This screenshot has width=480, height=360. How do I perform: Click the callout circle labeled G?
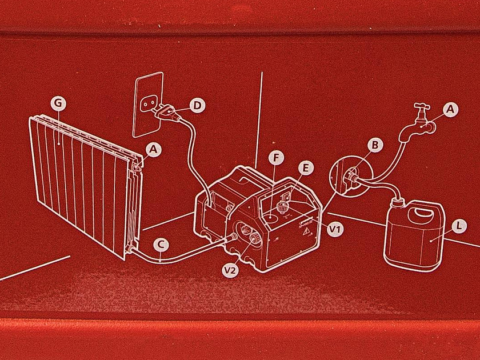coord(58,103)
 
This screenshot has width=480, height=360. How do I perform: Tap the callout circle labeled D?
coord(198,105)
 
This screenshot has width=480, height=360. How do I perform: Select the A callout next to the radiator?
coord(153,149)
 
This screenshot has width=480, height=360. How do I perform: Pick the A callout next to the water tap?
coord(450,110)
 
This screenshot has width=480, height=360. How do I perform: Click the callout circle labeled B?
coord(375,145)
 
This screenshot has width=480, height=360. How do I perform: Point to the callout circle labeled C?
coord(161,245)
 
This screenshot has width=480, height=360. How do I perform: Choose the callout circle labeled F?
coord(276,158)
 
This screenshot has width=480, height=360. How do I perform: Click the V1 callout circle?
coord(335,229)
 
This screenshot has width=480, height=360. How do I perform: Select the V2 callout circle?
coord(230,271)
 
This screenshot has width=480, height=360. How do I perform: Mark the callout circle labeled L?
coord(458,226)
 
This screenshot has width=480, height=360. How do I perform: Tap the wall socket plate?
coord(148,105)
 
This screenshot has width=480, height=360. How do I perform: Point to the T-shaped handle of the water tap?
coord(422,106)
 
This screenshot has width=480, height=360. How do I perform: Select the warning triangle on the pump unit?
coord(305,233)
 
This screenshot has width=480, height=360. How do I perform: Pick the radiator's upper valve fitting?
coord(136,167)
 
